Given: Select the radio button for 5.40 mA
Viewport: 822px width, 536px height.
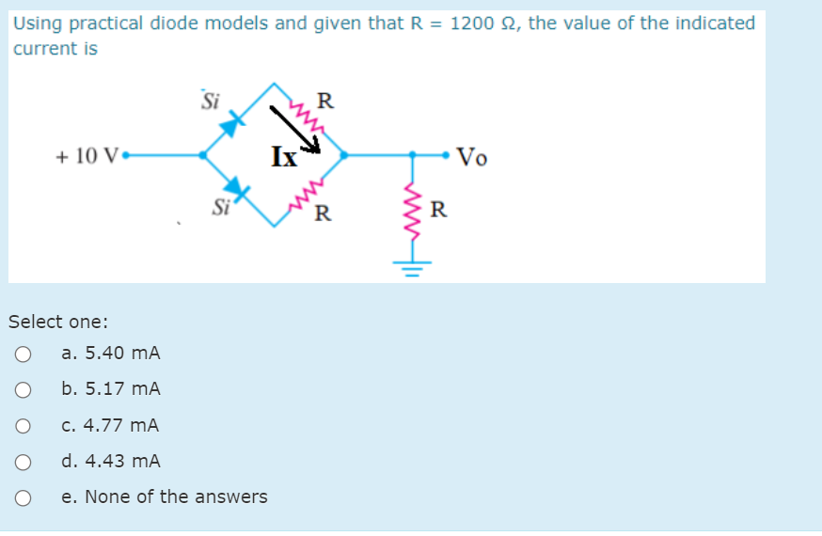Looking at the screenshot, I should pyautogui.click(x=24, y=355).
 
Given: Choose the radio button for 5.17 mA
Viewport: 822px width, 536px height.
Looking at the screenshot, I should pyautogui.click(x=24, y=390).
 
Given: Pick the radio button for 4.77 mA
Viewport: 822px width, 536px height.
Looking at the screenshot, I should pyautogui.click(x=24, y=426).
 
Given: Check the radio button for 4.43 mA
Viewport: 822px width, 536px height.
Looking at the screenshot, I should pyautogui.click(x=24, y=462).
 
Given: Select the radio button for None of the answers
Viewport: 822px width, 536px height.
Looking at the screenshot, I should pyautogui.click(x=24, y=497).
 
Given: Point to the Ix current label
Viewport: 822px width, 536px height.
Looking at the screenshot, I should pyautogui.click(x=283, y=155).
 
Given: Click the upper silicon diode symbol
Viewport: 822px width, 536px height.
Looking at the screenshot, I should pyautogui.click(x=231, y=121).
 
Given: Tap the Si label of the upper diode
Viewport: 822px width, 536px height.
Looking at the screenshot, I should pyautogui.click(x=212, y=100).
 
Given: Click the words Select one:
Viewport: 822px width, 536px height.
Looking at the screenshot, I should pyautogui.click(x=58, y=322).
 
